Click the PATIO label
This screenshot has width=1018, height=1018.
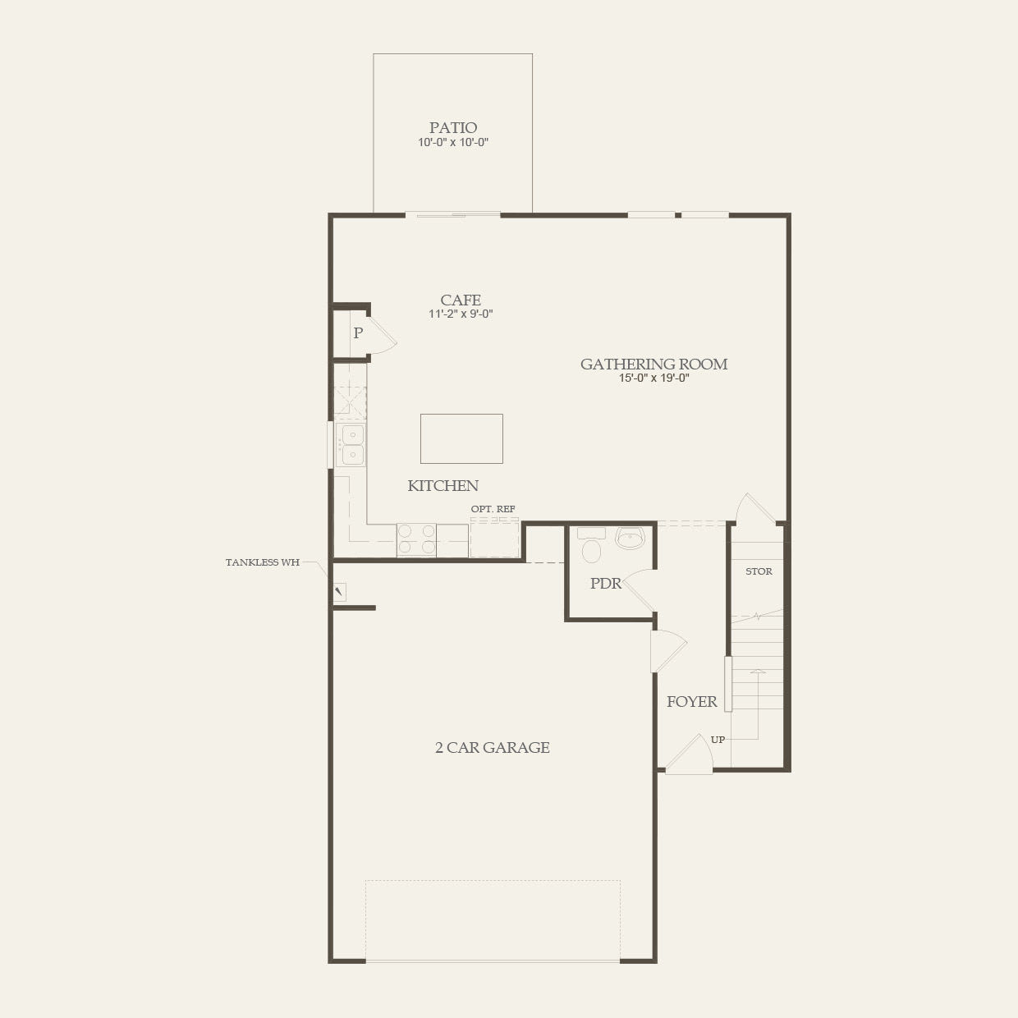pos(453,127)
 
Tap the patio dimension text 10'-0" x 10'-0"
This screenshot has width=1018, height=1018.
pos(453,143)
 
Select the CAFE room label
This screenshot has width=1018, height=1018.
pos(461,300)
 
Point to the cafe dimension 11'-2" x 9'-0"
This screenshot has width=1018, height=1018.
pos(461,314)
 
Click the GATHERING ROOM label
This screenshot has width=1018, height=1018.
pos(653,364)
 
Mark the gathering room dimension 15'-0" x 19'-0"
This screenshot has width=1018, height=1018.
pos(653,378)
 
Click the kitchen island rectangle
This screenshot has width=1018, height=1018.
pos(461,438)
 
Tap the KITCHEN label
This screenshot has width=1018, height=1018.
pos(443,486)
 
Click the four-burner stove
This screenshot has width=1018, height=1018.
pos(416,540)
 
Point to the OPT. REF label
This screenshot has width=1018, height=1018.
pos(493,509)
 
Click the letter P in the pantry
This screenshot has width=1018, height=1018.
pos(358,333)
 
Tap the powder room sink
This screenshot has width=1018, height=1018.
pos(631,539)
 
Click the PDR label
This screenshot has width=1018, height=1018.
pos(606,584)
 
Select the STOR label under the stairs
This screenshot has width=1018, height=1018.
pos(759,571)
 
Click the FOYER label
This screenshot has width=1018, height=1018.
pos(691,702)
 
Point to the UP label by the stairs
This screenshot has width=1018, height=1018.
pos(718,740)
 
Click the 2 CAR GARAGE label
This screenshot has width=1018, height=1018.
pos(492,747)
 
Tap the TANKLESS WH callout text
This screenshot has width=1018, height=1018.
pos(263,562)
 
